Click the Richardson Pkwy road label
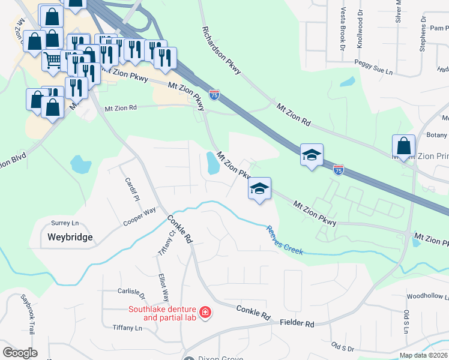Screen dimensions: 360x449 [x=221, y=50]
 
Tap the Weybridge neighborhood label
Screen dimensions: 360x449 [x=70, y=237]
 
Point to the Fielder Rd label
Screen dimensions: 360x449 [x=297, y=323]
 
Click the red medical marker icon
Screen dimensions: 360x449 [x=205, y=312]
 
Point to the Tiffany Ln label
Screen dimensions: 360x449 [x=127, y=328]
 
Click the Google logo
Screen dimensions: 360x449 [x=20, y=353]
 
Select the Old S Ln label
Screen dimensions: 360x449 [x=406, y=323]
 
